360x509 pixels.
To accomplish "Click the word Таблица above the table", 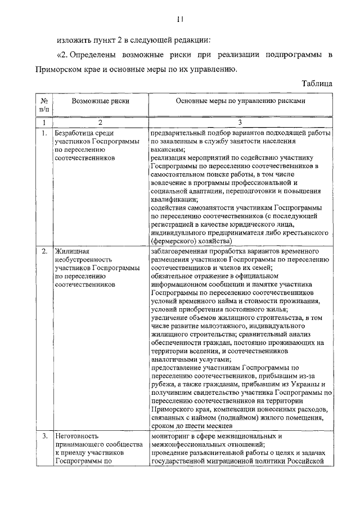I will [317, 83].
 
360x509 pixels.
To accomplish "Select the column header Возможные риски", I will [100, 101].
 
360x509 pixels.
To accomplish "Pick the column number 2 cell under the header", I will [100, 121].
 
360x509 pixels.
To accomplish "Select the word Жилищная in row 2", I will [72, 251].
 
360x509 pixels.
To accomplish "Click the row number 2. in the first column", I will [44, 251].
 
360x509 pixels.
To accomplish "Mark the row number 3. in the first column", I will [44, 436].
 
